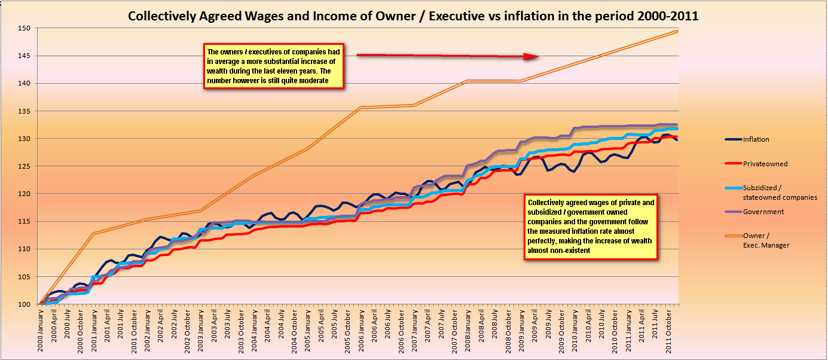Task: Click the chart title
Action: point(413,16)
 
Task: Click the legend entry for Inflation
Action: point(756,139)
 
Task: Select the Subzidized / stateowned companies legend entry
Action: point(780,192)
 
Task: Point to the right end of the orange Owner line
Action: point(676,31)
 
